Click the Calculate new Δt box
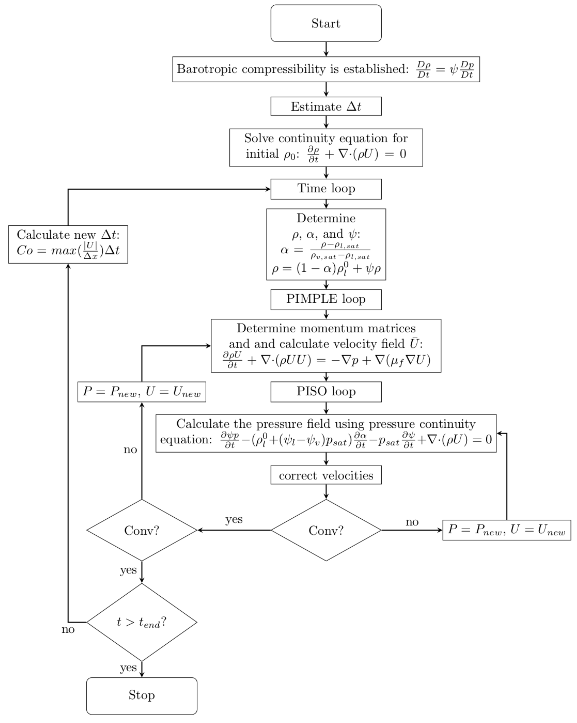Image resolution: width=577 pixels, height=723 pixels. point(68,244)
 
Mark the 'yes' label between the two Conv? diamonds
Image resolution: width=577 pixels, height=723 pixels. point(234,519)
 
